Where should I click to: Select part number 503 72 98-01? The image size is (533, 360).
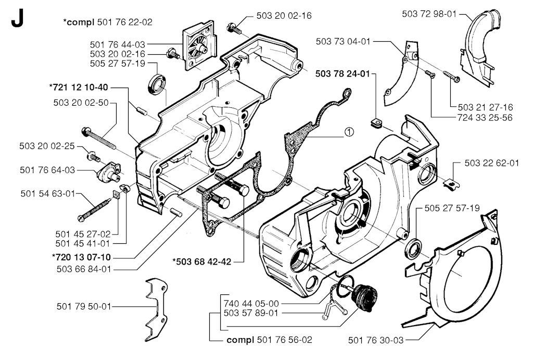(429, 14)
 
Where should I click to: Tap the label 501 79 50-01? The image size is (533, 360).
(84, 306)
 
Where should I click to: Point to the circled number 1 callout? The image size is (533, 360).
(349, 133)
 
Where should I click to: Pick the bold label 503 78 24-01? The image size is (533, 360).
(342, 74)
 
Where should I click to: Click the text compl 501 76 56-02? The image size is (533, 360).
(270, 340)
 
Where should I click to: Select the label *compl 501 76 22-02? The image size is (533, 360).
(108, 21)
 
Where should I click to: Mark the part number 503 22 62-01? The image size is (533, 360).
(492, 163)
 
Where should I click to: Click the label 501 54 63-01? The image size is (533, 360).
(48, 194)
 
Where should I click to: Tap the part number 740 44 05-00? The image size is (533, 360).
(251, 303)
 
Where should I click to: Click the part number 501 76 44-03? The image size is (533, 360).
(118, 45)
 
